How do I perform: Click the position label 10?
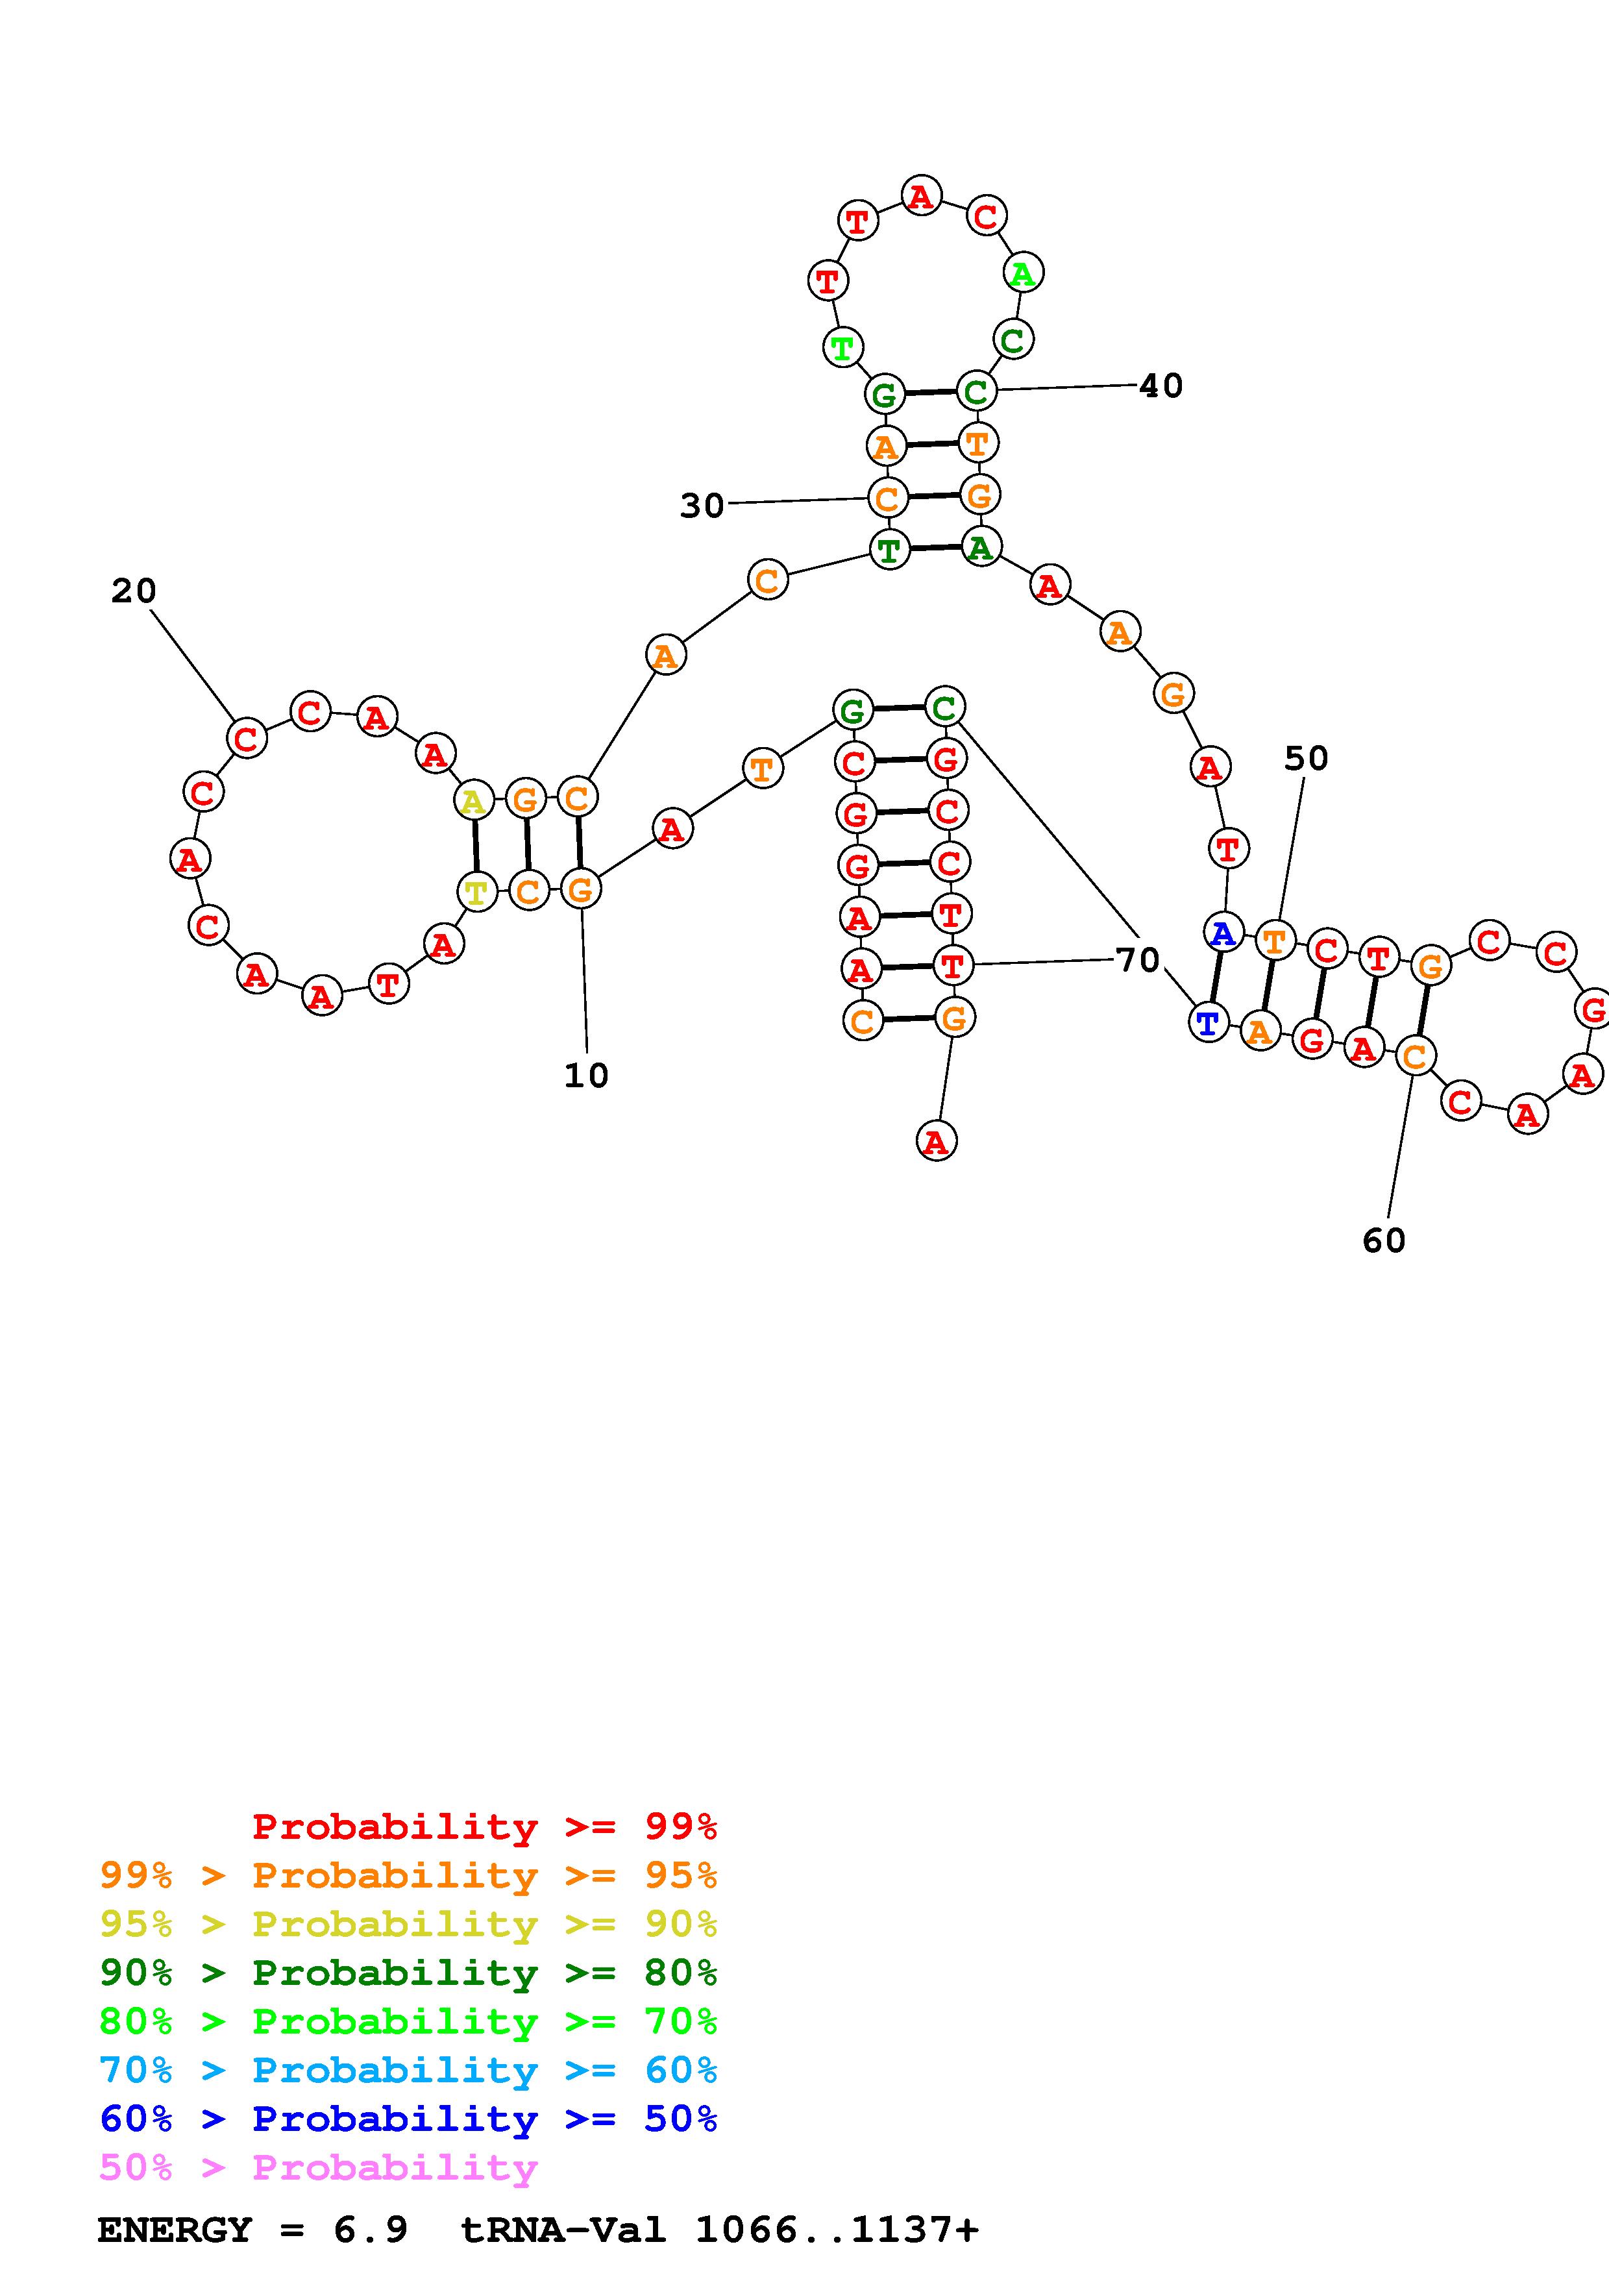(586, 1075)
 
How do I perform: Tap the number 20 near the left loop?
(134, 591)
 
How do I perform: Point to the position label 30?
(702, 506)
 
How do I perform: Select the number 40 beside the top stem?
(1161, 386)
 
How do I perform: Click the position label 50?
(1306, 759)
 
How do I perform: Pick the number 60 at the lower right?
(1384, 1240)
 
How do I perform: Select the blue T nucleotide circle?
(1207, 1022)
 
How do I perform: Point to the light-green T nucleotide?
(842, 347)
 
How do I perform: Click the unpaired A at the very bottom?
(936, 1142)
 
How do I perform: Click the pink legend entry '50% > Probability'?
(318, 2168)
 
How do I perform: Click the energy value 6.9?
(371, 2230)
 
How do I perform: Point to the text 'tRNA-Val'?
(563, 2230)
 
